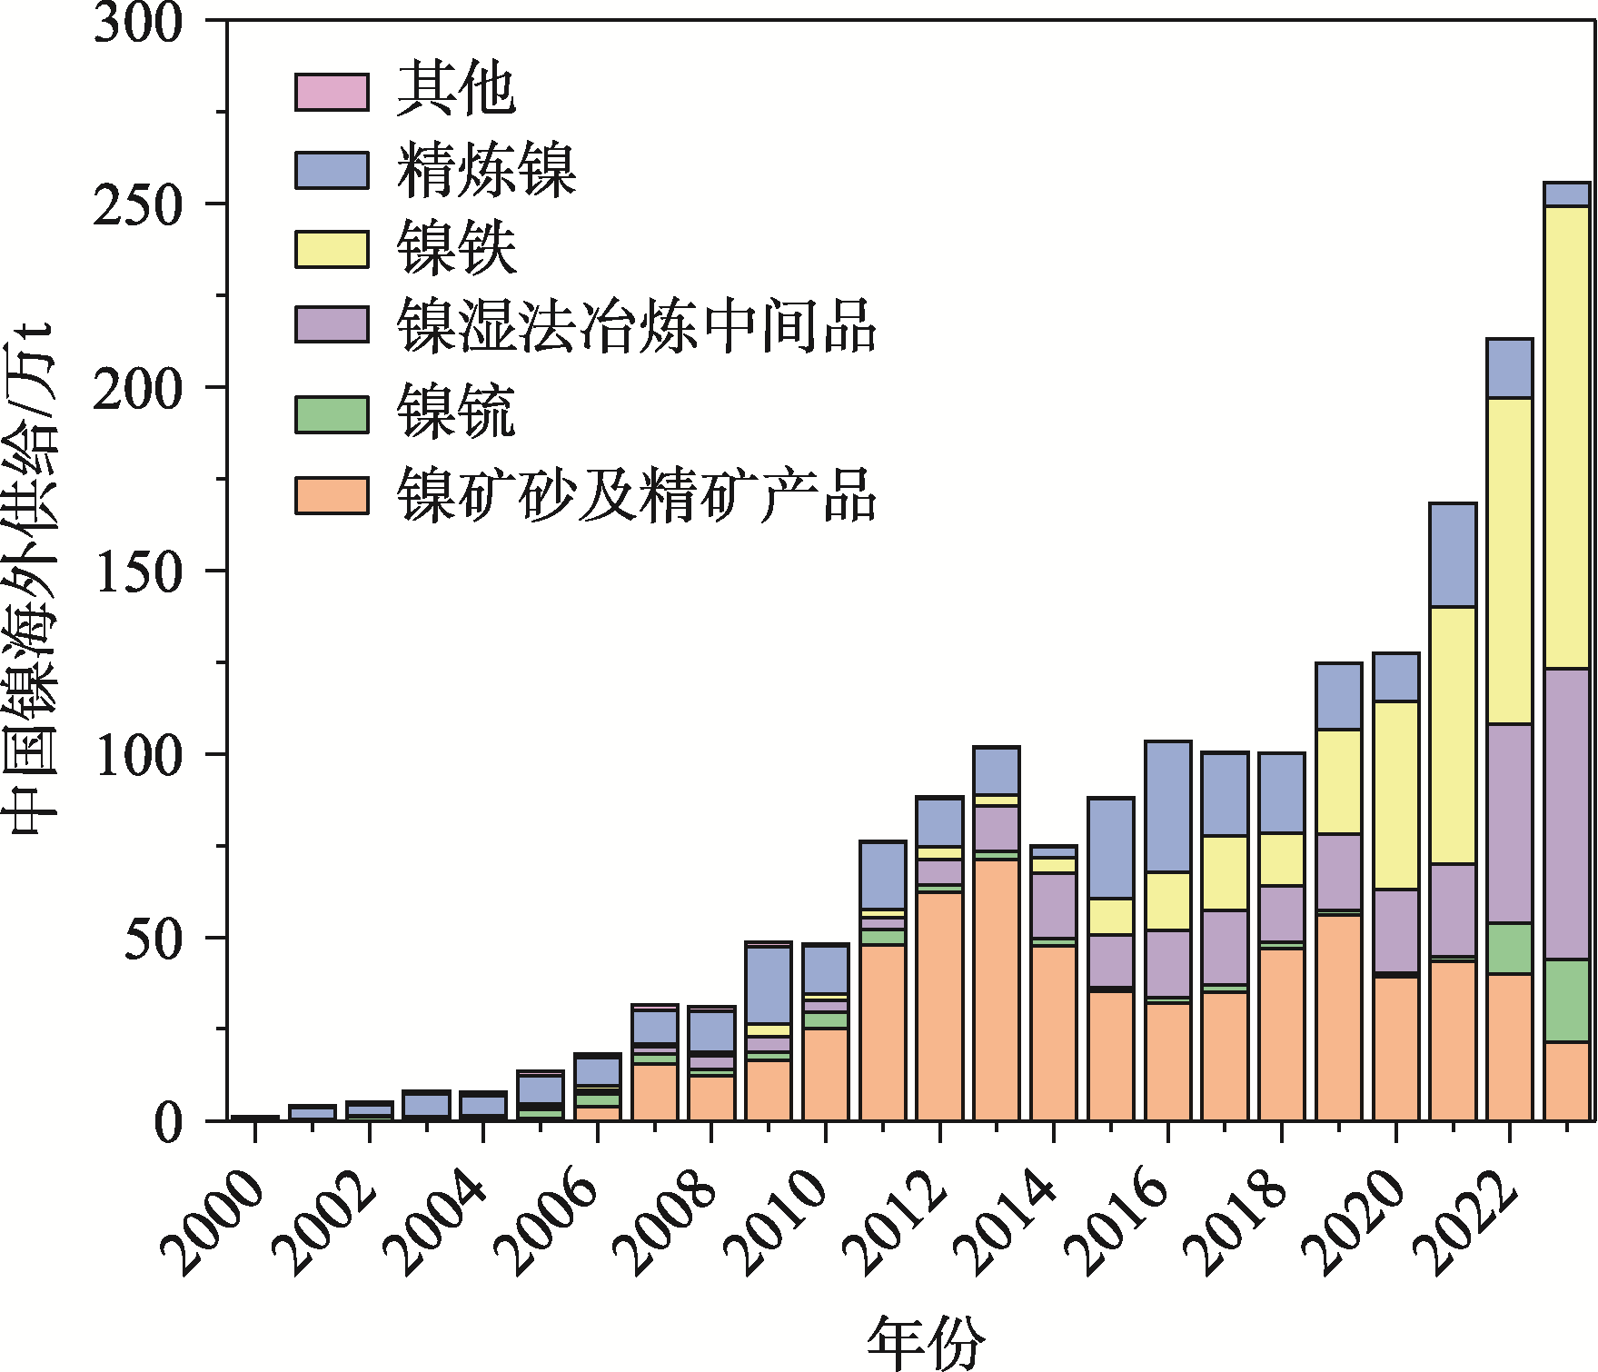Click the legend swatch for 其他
(332, 93)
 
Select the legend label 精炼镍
(486, 170)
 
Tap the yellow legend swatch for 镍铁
(332, 249)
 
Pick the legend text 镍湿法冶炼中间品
(636, 325)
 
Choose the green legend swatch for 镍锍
(332, 414)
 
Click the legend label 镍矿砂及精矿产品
(636, 495)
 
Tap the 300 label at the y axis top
(138, 24)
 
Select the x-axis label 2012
(895, 1222)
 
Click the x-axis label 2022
(1464, 1222)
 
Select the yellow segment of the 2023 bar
(1567, 436)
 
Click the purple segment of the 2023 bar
(1567, 813)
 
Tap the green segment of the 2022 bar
(1510, 949)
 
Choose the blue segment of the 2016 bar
(1167, 807)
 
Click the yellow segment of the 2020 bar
(1395, 795)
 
